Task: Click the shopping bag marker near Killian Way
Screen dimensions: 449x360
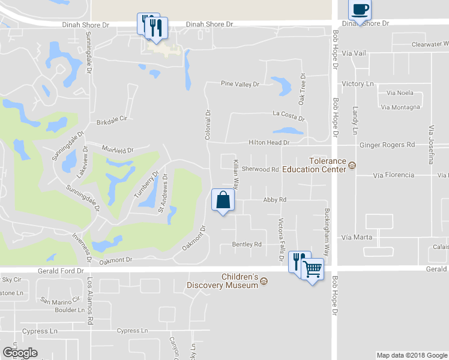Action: coord(223,200)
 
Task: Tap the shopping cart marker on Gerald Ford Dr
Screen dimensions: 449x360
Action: coord(313,270)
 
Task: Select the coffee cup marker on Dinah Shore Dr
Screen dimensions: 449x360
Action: coord(360,10)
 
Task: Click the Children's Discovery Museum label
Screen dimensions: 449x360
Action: coord(223,281)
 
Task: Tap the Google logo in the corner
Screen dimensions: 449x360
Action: coord(20,353)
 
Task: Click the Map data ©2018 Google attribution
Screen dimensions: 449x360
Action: coord(411,355)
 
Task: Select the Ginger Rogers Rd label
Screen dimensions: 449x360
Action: coord(387,145)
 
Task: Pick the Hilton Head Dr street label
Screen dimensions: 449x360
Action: coord(270,143)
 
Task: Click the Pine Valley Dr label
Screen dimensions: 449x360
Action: coord(240,84)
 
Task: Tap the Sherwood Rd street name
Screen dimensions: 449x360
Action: coord(261,169)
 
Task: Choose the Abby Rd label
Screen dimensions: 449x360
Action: coord(274,199)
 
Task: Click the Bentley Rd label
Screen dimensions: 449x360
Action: coord(247,244)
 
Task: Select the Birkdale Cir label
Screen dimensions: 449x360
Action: coord(112,120)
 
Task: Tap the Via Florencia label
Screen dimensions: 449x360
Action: coord(393,175)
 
